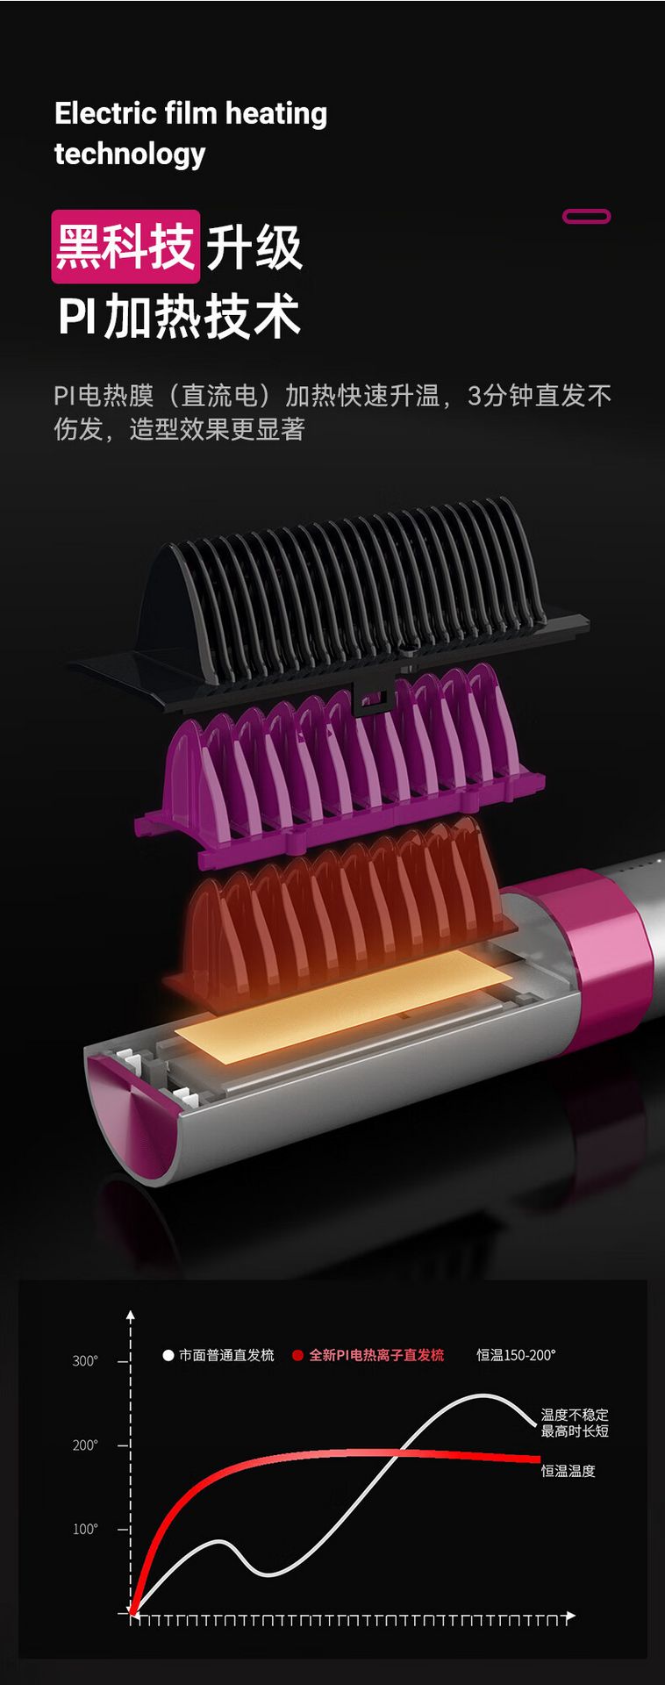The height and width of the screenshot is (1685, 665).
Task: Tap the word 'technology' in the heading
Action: [x=130, y=154]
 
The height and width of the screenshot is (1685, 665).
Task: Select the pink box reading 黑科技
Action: [x=125, y=247]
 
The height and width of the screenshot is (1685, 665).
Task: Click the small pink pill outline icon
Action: [x=586, y=216]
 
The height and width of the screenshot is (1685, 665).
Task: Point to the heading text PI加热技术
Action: [x=179, y=317]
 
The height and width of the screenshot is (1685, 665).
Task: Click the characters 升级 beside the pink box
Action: [x=254, y=247]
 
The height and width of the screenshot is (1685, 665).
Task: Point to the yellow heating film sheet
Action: [x=347, y=1005]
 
